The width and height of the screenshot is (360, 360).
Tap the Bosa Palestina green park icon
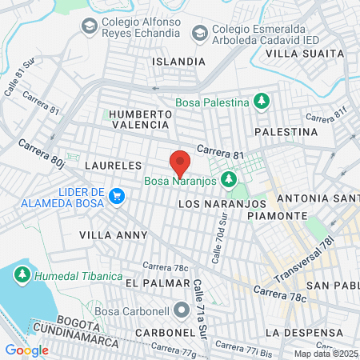tap(260, 102)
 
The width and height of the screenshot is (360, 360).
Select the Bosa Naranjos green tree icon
tap(230, 178)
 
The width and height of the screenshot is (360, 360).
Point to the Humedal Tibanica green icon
tap(22, 276)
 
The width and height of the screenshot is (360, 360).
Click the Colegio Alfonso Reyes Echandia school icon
tap(89, 27)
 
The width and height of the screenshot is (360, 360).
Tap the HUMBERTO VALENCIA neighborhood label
tap(141, 119)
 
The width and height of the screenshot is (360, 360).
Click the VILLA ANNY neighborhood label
tap(114, 235)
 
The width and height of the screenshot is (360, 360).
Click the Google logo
tap(27, 350)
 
